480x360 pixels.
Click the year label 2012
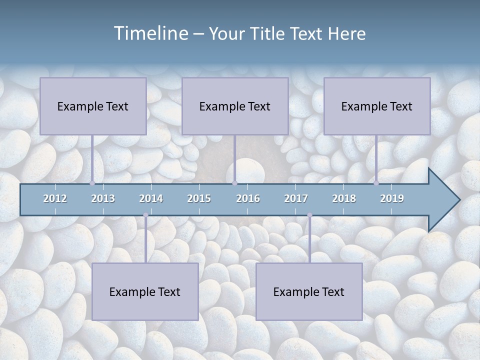[55, 198]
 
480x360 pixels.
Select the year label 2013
[103, 198]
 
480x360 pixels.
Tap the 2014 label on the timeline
[151, 198]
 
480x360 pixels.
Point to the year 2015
[199, 198]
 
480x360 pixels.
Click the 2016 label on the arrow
[248, 198]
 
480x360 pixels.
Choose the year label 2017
[296, 198]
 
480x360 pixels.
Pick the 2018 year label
[344, 198]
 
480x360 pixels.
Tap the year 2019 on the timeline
[392, 198]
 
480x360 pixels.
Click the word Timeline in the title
[150, 33]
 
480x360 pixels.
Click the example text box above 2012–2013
[93, 106]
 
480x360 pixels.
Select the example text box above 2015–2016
[235, 106]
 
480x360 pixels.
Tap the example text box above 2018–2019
[377, 106]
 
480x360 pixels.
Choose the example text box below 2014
[145, 291]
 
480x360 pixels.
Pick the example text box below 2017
[309, 291]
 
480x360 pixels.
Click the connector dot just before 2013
[92, 183]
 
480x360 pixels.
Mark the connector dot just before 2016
[234, 183]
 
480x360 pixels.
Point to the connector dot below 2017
[309, 215]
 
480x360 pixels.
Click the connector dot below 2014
[145, 215]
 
